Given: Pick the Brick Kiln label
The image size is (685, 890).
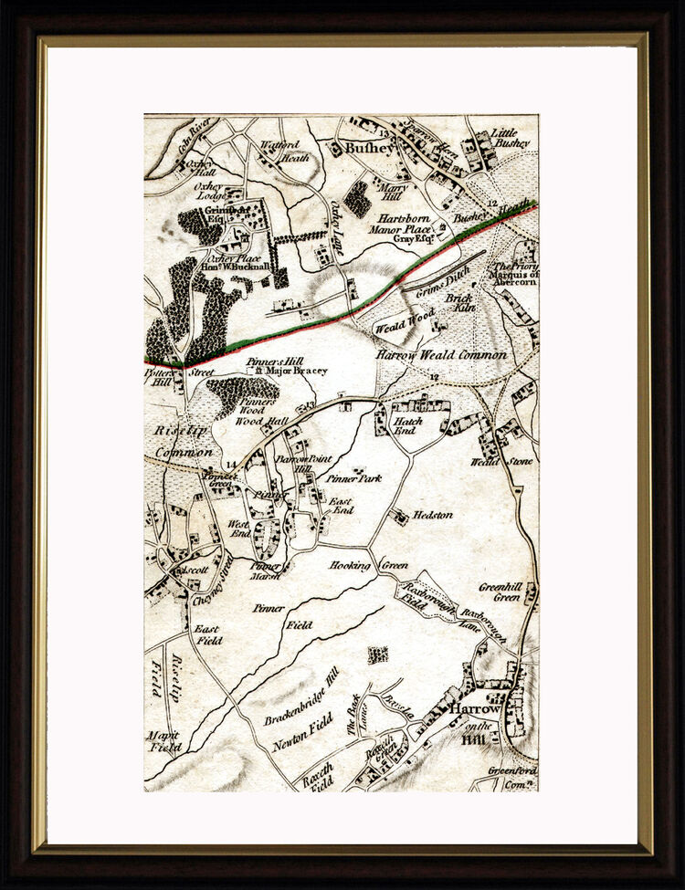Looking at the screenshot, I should click(460, 303).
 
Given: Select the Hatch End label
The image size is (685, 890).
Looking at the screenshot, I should click(406, 424).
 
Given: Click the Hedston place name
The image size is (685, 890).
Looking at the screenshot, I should click(432, 515).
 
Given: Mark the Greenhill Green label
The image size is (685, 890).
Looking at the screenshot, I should click(501, 592).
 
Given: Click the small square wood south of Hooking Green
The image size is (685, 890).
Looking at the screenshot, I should click(376, 654).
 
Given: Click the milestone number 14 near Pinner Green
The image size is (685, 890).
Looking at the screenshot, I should click(230, 466).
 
